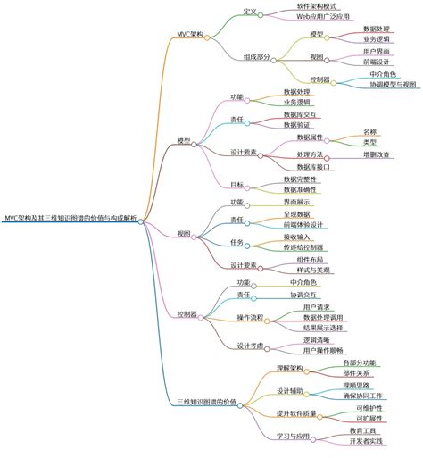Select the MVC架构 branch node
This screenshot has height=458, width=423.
pos(190,34)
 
